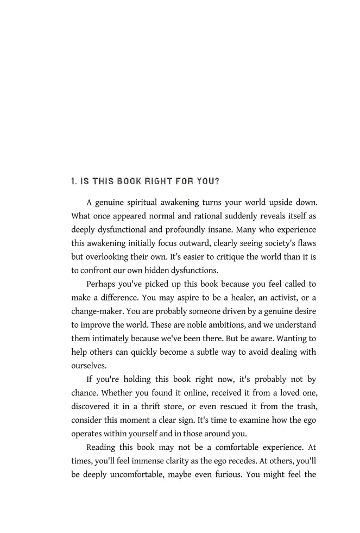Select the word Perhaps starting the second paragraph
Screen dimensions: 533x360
[103, 284]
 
